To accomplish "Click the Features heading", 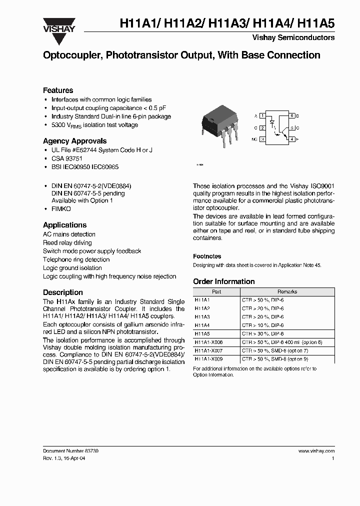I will pyautogui.click(x=58, y=90).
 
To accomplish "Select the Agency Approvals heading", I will pyautogui.click(x=74, y=141).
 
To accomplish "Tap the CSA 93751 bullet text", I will pyautogui.click(x=67, y=158).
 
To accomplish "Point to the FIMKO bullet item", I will pyautogui.click(x=61, y=208).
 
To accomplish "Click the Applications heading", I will pyautogui.click(x=64, y=225).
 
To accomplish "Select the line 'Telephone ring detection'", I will pyautogui.click(x=76, y=259).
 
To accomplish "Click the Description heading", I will pyautogui.click(x=63, y=292).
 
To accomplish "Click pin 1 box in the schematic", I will pyautogui.click(x=262, y=115).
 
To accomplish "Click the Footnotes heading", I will pyautogui.click(x=207, y=256).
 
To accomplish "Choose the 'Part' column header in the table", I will pyautogui.click(x=216, y=291).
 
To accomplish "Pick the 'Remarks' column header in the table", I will pyautogui.click(x=287, y=291).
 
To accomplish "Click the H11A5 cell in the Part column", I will pyautogui.click(x=202, y=333).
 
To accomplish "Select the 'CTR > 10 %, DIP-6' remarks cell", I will pyautogui.click(x=262, y=325).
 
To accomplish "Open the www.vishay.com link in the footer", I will pyautogui.click(x=316, y=450).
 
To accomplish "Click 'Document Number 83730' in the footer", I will pyautogui.click(x=70, y=450).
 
